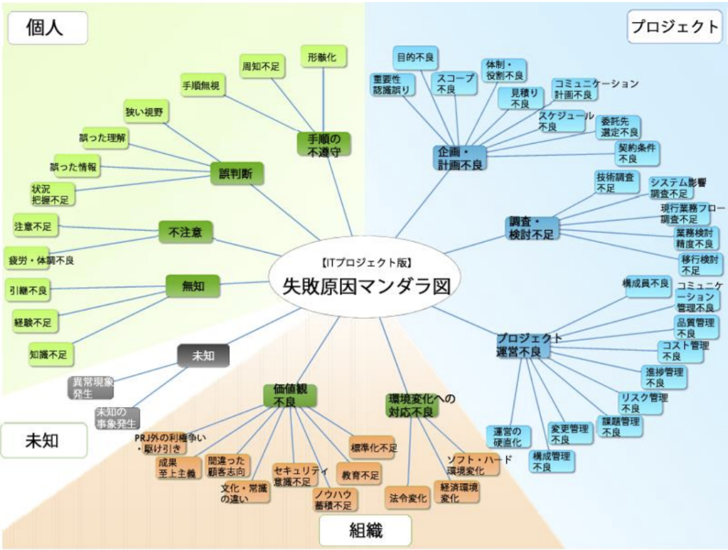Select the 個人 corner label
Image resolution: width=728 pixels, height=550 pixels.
pyautogui.click(x=47, y=27)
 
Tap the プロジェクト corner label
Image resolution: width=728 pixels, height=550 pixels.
pyautogui.click(x=675, y=26)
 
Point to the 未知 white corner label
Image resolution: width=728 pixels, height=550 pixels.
pyautogui.click(x=44, y=440)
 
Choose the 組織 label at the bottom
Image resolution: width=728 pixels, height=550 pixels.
pyautogui.click(x=365, y=530)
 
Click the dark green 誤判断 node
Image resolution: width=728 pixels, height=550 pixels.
pyautogui.click(x=237, y=173)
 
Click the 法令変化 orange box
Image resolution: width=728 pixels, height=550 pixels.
pyautogui.click(x=408, y=497)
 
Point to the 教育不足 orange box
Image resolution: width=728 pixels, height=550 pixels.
pyautogui.click(x=360, y=474)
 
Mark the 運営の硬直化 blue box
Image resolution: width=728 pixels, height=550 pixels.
pyautogui.click(x=508, y=437)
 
